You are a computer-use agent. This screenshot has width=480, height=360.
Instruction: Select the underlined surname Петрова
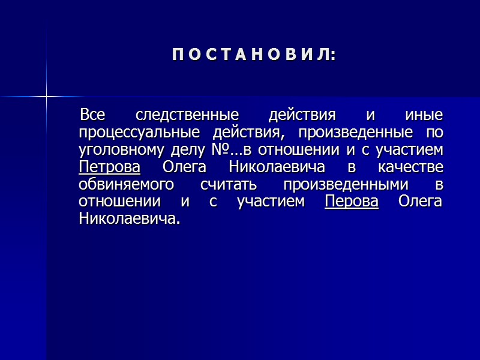(109, 166)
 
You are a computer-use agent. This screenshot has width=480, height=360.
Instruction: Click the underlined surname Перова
(351, 201)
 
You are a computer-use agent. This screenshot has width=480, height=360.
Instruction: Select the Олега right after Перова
(420, 201)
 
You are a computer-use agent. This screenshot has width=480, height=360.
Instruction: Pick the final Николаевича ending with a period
(129, 218)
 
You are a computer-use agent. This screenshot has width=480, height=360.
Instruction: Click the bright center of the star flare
(46, 95)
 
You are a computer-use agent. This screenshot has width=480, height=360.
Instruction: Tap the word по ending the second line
(434, 131)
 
